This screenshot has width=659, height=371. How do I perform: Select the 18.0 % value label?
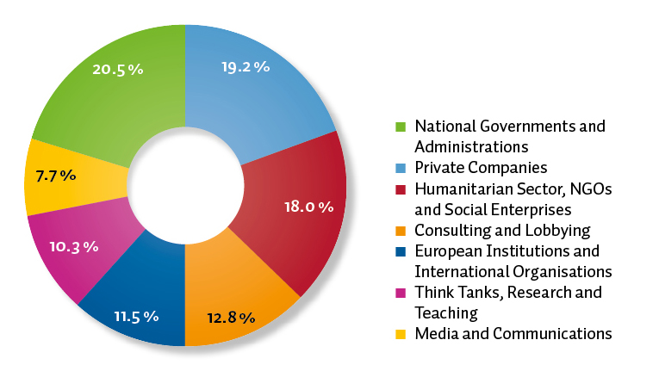308,207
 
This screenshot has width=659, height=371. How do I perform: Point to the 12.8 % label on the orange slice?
231,318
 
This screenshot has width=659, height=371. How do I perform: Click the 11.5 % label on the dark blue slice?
135,316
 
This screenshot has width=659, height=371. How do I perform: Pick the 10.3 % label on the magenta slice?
74,246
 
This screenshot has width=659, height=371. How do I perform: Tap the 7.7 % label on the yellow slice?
55,175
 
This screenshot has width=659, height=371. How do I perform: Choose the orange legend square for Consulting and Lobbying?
401,231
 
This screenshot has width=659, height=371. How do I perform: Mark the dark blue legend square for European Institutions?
401,251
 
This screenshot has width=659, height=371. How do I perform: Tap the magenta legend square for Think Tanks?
401,293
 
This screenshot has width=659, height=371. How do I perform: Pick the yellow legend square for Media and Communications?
401,334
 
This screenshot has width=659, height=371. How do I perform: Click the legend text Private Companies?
480,168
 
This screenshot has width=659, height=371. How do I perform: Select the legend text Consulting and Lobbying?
502,231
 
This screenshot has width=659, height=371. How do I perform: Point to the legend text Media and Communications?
513,333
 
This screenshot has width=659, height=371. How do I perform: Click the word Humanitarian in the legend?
457,189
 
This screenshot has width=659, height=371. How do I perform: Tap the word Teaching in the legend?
445,312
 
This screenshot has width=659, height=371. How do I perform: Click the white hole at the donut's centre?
185,185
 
